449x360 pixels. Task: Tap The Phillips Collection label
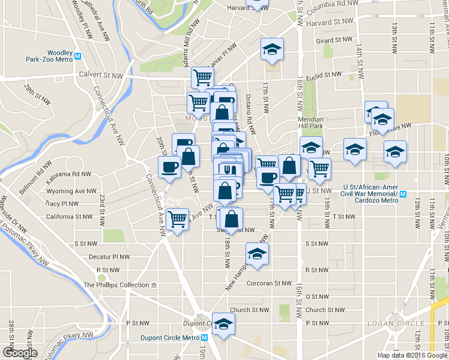tap(116, 285)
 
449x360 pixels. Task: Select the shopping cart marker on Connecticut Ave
tap(177, 220)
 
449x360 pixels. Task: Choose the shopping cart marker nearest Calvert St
tap(202, 77)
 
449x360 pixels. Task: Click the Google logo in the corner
tap(19, 353)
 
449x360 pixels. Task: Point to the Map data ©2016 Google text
tap(412, 355)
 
